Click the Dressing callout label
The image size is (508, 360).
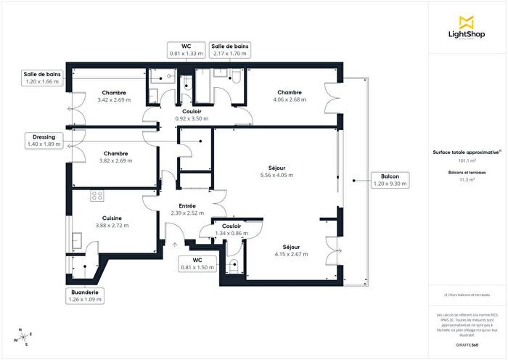(x=44, y=140)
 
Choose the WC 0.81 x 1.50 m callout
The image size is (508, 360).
(x=197, y=263)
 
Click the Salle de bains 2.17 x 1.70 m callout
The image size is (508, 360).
(x=230, y=49)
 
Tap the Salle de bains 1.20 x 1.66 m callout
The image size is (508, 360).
(x=41, y=78)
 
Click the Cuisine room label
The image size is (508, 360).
(x=112, y=221)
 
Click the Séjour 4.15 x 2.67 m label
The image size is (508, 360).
(x=291, y=250)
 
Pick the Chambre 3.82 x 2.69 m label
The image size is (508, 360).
(x=115, y=157)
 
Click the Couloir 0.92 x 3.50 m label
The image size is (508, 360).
(x=192, y=115)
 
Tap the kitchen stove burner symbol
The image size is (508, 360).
(x=95, y=195)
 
